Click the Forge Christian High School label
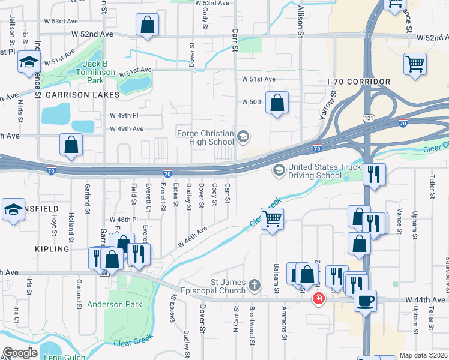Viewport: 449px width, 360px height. [x=204, y=137]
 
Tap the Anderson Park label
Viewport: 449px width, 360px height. [x=115, y=304]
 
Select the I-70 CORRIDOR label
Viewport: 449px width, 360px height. [x=359, y=82]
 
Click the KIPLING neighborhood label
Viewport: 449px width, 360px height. [x=69, y=248]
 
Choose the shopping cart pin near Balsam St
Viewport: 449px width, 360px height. [x=273, y=218]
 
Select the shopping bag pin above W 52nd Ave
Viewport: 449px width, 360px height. [x=148, y=25]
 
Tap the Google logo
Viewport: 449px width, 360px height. [x=20, y=353]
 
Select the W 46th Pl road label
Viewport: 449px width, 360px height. [x=124, y=220]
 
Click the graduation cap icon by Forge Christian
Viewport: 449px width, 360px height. [x=243, y=137]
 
